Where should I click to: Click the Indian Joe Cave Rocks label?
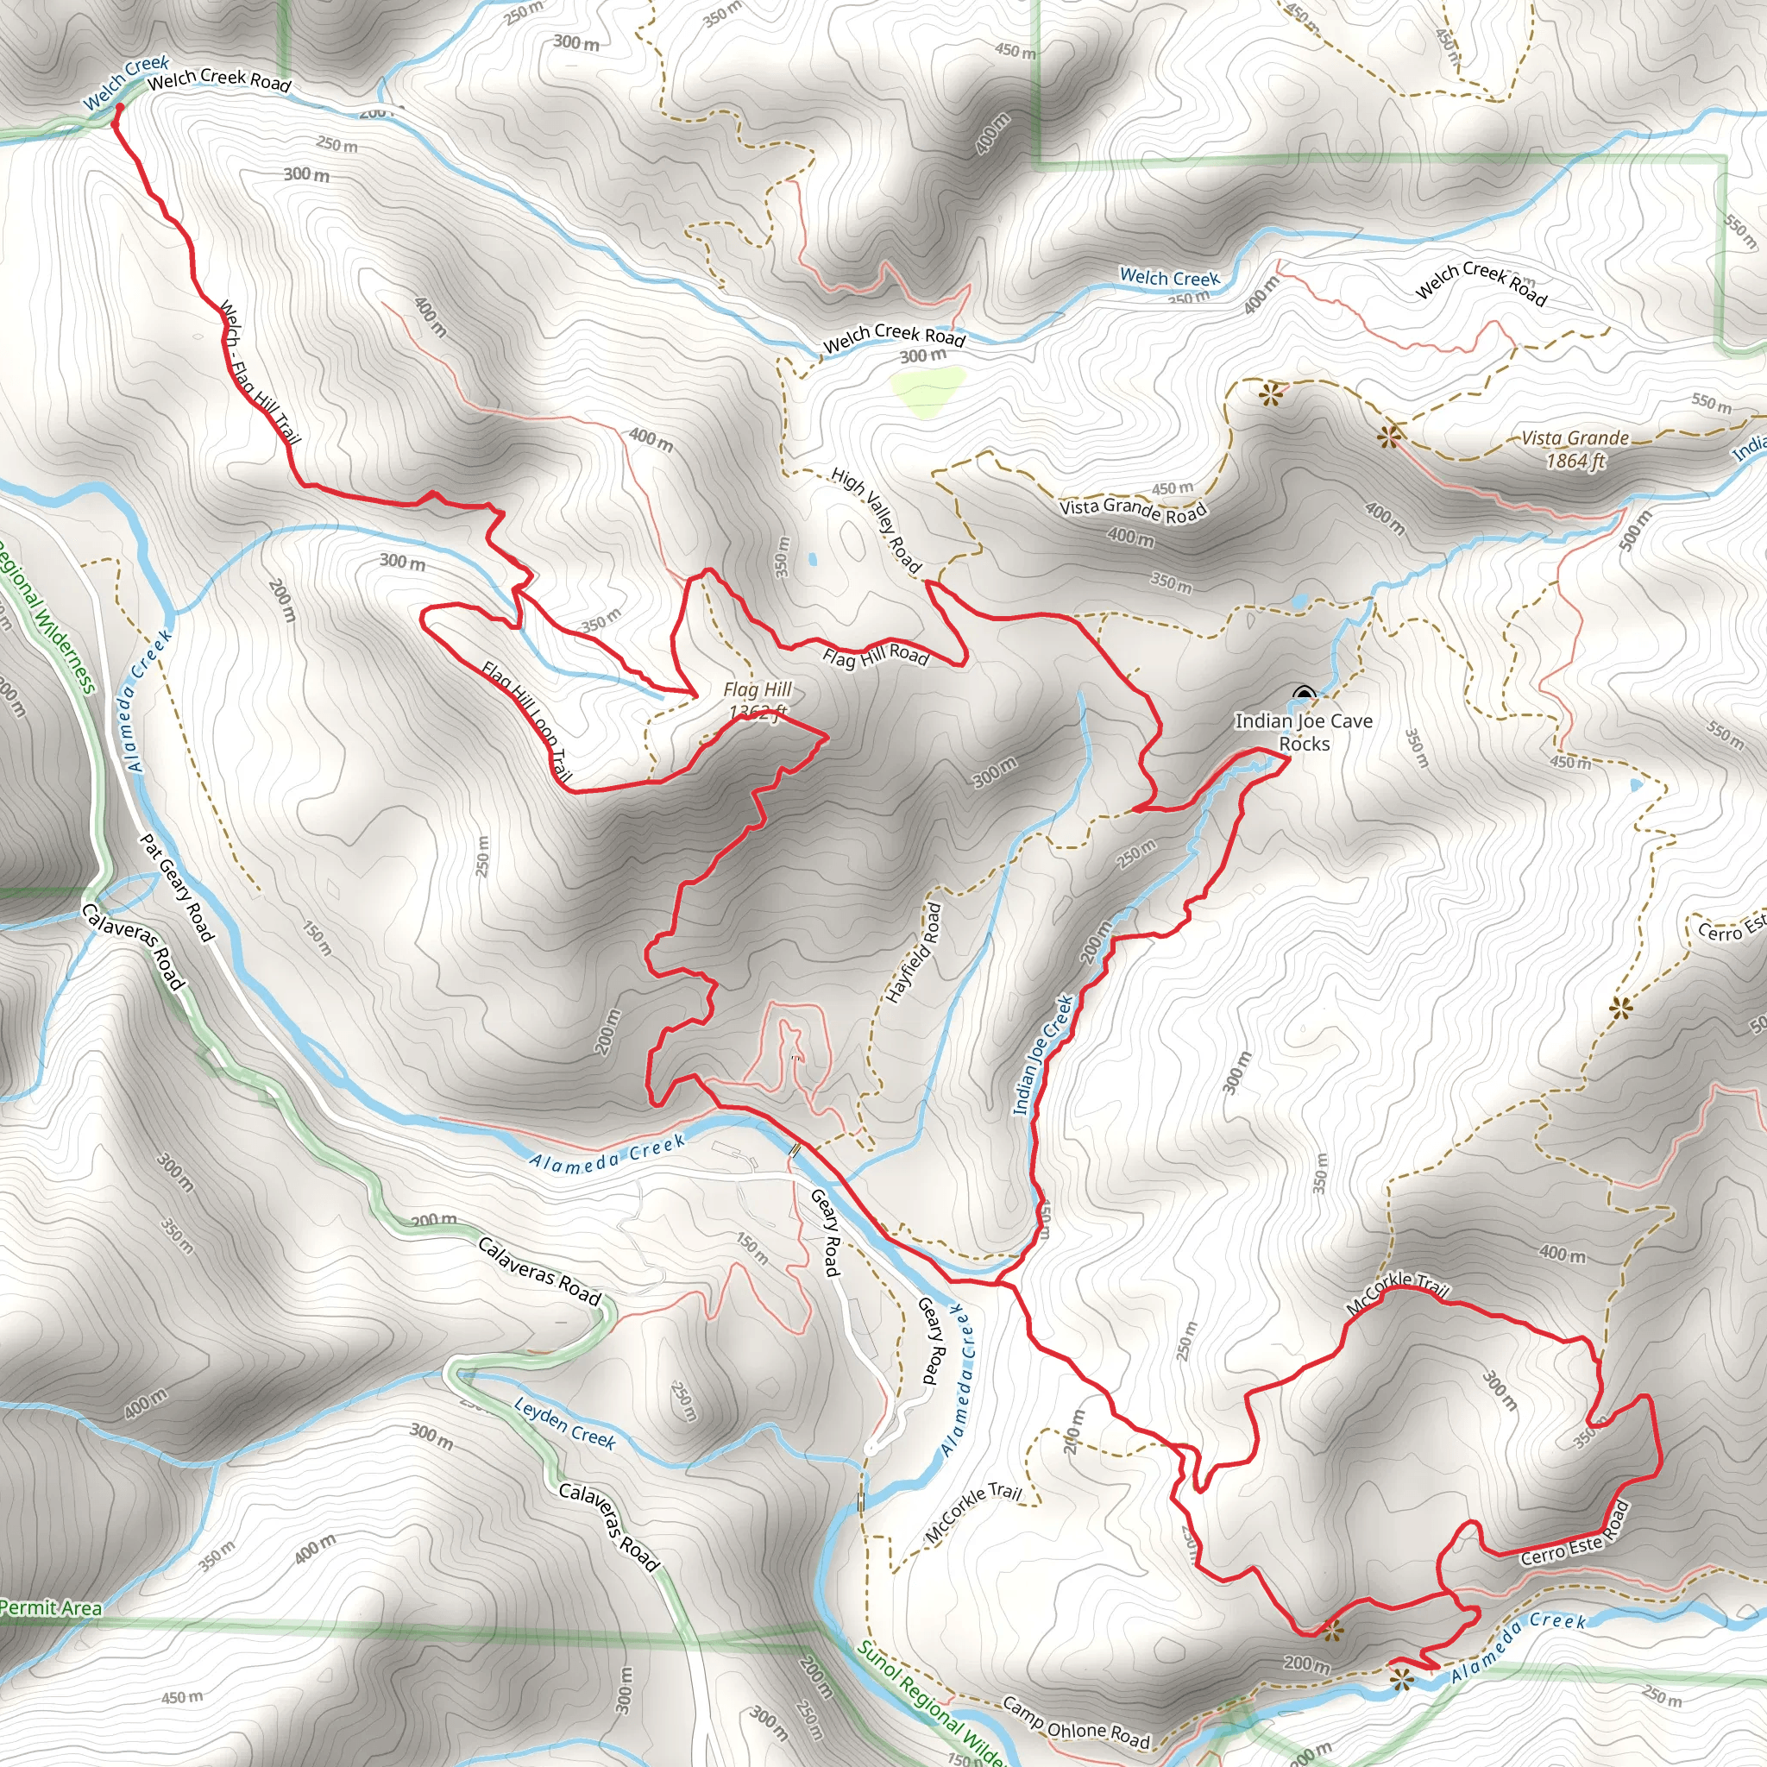1304,733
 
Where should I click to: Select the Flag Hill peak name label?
758,689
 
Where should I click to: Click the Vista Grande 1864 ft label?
1575,449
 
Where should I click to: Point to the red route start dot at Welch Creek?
119,108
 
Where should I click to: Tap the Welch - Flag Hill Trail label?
260,373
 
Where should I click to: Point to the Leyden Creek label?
564,1422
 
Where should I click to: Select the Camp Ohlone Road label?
1076,1722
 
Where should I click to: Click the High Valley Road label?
877,519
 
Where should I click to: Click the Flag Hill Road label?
875,655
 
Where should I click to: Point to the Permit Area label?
50,1607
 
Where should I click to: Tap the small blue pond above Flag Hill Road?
812,559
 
